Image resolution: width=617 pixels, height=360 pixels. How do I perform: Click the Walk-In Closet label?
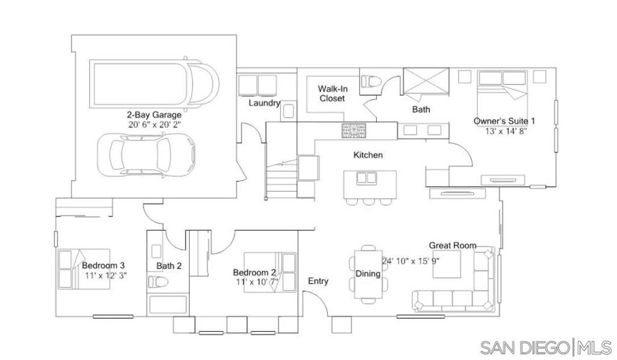tap(333, 93)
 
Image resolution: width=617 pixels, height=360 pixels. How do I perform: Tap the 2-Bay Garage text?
tap(154, 115)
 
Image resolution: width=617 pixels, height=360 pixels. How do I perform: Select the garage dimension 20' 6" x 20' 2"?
tap(154, 125)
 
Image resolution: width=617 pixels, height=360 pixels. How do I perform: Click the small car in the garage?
tap(146, 154)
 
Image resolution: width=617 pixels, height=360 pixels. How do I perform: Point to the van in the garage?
tap(154, 83)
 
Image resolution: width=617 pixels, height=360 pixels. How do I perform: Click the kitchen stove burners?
tap(353, 130)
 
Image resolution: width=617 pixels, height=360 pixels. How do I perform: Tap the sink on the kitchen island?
tap(366, 178)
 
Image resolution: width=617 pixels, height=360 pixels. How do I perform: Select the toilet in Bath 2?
tap(158, 282)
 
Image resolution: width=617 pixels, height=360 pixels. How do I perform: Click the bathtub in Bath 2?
tap(168, 305)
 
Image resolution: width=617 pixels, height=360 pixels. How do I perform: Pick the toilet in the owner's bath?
tap(371, 81)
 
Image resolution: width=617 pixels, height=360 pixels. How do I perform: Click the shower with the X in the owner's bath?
tap(426, 81)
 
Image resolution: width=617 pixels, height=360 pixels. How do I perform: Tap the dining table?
tap(368, 274)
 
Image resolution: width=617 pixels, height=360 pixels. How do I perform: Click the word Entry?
tap(318, 281)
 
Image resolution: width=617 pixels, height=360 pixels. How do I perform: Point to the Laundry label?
tap(264, 103)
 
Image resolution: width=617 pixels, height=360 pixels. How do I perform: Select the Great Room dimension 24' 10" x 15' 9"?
tap(410, 261)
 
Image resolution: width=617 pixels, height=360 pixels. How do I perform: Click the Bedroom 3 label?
tap(103, 266)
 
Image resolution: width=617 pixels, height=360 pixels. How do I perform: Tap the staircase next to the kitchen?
tap(281, 179)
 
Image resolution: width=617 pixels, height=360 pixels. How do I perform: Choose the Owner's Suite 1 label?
tap(504, 121)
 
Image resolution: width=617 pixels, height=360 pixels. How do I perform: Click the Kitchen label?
tap(368, 155)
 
